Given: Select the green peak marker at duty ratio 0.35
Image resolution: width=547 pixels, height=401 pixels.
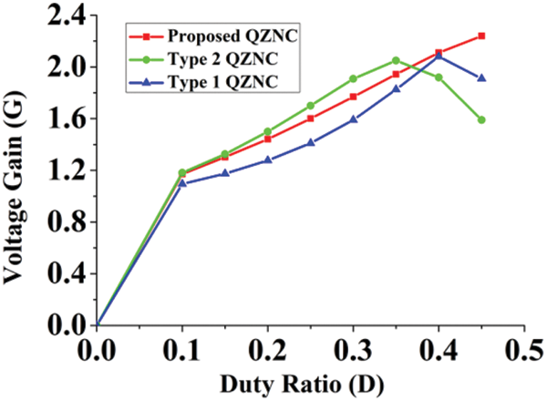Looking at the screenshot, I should click(396, 60).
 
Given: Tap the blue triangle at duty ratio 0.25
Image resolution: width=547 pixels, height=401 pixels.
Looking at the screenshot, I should click(311, 142).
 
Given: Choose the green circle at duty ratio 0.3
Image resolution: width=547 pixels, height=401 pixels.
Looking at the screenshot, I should click(353, 78).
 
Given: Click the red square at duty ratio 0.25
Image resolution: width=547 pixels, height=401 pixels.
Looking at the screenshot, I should click(311, 118).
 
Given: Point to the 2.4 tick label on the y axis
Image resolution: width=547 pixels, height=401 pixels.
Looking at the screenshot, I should click(67, 15).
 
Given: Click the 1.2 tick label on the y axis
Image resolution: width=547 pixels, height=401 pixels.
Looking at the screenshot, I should click(67, 170).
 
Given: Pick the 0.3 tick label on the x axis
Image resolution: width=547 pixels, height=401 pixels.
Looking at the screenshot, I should click(354, 349).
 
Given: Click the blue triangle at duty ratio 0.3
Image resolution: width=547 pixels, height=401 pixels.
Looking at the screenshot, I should click(353, 119).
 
